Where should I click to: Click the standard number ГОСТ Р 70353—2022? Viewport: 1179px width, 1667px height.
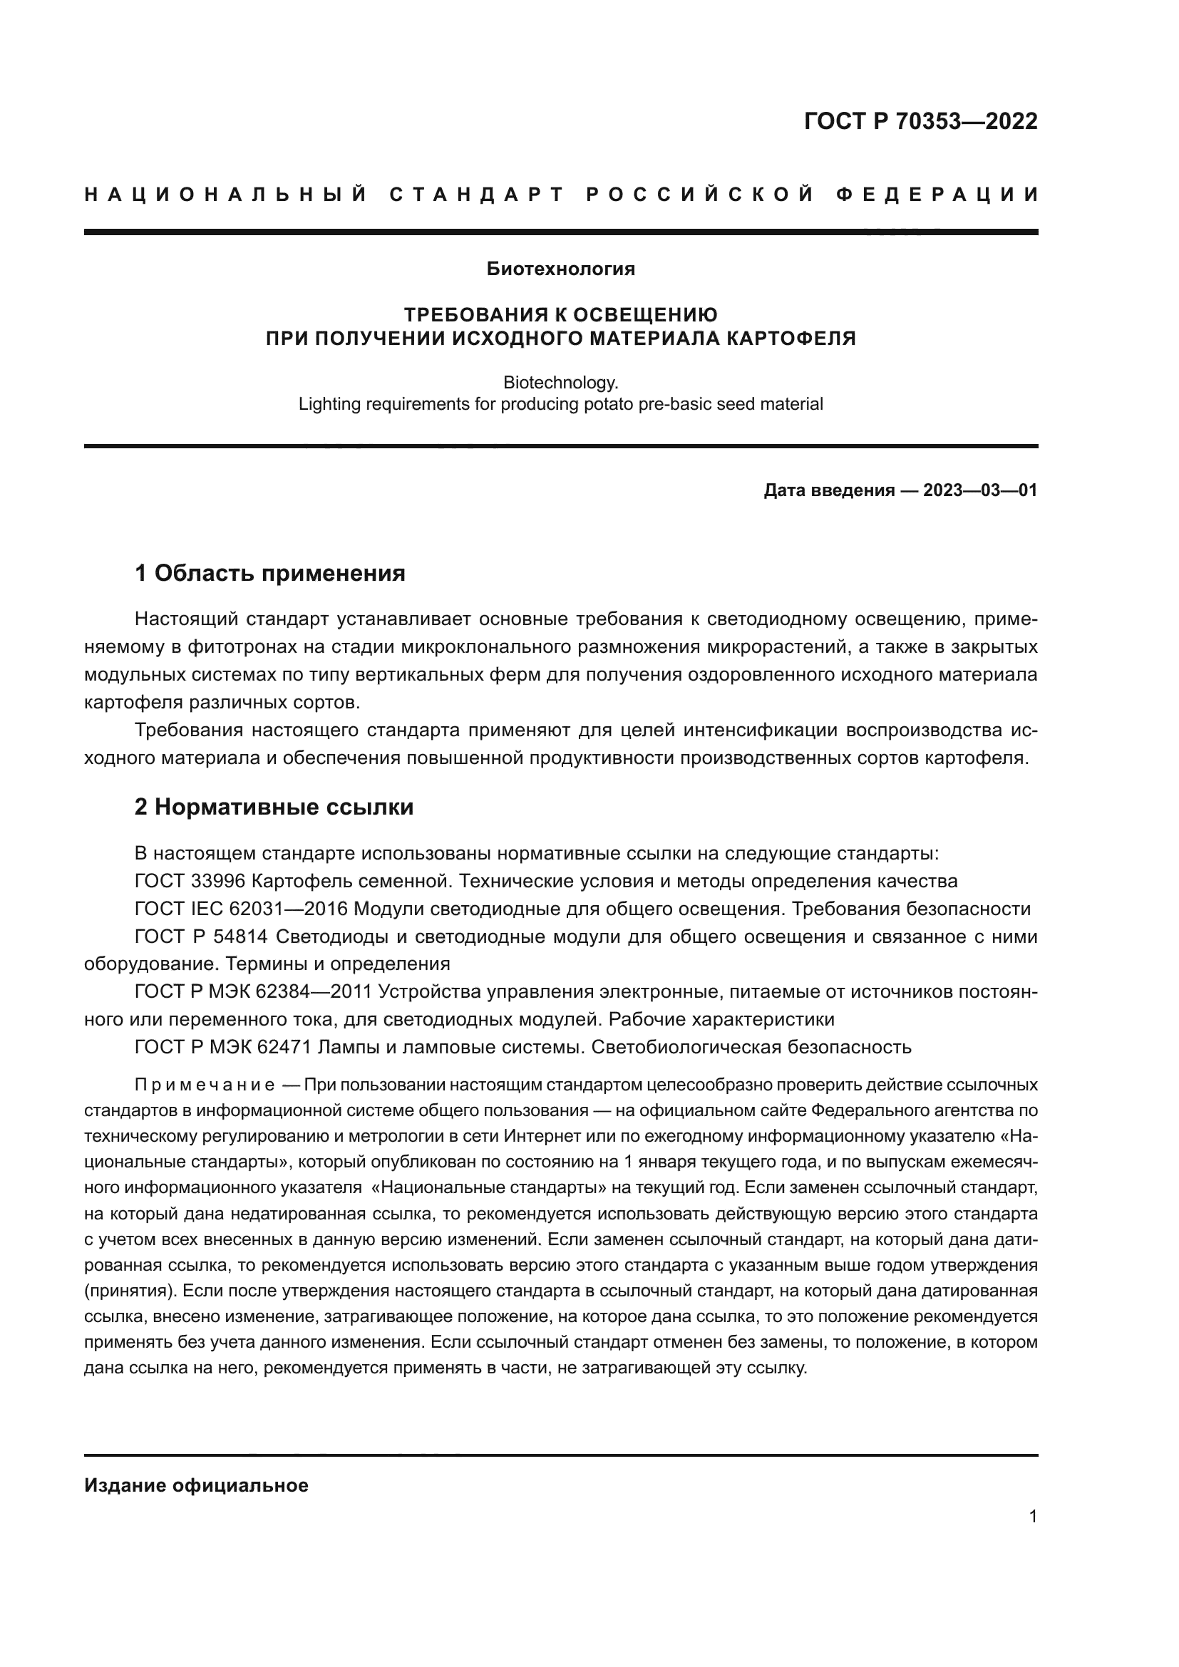point(920,121)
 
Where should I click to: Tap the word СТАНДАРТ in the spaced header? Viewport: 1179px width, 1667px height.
point(477,195)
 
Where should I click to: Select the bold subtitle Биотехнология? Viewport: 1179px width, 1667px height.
point(560,269)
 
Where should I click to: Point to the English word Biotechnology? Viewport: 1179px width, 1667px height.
point(560,382)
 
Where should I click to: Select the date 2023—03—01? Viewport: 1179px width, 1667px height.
point(980,491)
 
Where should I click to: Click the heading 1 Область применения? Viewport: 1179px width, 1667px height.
point(270,574)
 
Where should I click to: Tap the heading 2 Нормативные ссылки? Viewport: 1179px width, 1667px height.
point(274,807)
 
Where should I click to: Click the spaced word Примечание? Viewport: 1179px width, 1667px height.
point(205,1085)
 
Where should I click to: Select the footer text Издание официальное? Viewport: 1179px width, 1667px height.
point(196,1485)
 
